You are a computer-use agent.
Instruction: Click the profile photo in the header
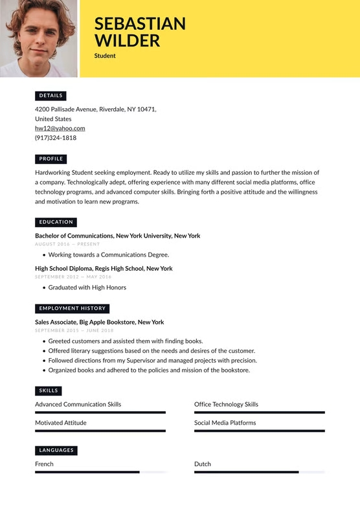[x=38, y=38]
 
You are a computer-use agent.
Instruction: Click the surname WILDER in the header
[x=127, y=41]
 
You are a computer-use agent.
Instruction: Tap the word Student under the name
[x=105, y=56]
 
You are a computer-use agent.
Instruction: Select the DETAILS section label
[x=51, y=95]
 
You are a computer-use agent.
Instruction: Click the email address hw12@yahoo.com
[x=60, y=128]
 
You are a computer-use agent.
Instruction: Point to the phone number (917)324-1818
[x=56, y=138]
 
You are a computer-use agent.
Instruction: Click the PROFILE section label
[x=51, y=159]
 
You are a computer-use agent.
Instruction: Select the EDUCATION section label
[x=56, y=222]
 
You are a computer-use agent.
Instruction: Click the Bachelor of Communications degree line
[x=117, y=236]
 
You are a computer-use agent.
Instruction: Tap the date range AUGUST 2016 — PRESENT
[x=67, y=244]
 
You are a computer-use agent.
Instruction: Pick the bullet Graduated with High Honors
[x=87, y=288]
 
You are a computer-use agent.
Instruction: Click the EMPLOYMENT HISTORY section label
[x=72, y=308]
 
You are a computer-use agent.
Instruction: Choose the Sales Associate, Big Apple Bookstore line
[x=99, y=322]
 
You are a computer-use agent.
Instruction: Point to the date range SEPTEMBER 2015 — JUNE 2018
[x=73, y=330]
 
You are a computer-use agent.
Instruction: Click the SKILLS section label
[x=49, y=390]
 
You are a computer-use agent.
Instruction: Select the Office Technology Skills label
[x=226, y=404]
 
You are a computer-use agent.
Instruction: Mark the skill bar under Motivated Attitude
[x=100, y=431]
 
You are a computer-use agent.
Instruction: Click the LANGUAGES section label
[x=56, y=450]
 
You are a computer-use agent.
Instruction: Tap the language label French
[x=44, y=464]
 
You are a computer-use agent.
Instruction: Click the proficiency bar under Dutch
[x=259, y=472]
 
